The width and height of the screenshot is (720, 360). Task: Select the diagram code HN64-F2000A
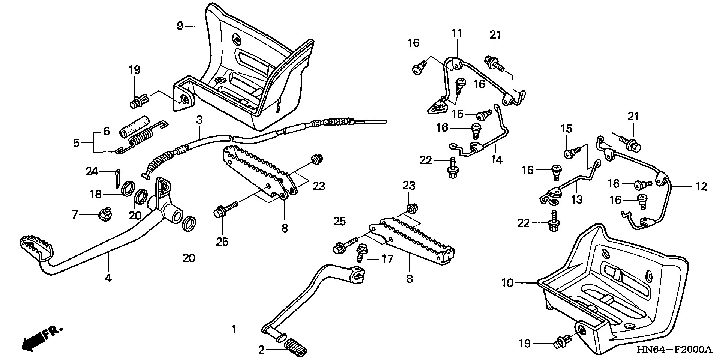[673, 350]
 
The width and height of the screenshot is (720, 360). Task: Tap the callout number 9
[180, 26]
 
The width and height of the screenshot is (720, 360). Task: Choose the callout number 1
[234, 330]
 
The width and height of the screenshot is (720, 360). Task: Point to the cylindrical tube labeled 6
[135, 129]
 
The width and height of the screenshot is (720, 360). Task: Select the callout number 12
[701, 186]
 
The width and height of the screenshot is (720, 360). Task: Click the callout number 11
[457, 33]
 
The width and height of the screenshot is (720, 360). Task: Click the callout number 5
[76, 143]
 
